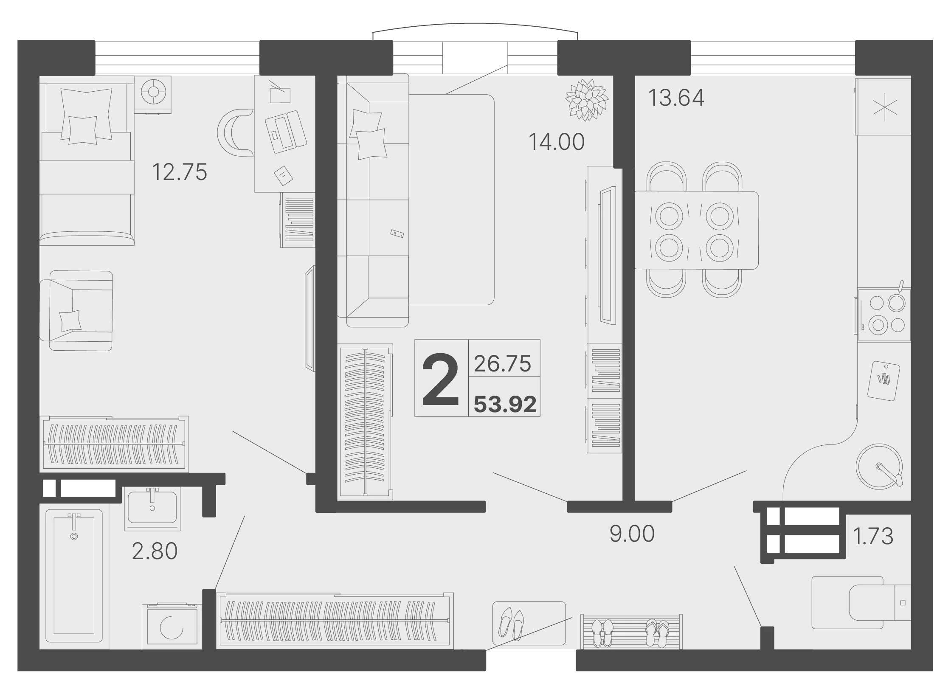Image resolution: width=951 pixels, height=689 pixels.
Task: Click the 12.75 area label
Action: [179, 172]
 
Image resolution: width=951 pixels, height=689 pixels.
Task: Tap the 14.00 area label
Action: [557, 142]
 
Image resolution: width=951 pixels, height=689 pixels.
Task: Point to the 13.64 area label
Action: [676, 98]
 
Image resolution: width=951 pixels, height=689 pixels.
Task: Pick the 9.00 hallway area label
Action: [632, 534]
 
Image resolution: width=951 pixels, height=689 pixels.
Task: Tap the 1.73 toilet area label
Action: [873, 536]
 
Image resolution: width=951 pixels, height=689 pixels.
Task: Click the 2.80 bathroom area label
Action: [155, 551]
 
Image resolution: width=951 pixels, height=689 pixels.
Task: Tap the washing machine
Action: [170, 625]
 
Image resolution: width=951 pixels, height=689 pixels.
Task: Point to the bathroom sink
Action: [152, 508]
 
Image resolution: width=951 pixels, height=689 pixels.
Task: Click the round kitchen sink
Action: [879, 466]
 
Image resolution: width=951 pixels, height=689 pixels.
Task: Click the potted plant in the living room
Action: [587, 100]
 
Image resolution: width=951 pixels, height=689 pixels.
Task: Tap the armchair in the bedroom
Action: [76, 311]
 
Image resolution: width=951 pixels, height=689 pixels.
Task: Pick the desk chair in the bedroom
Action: [235, 132]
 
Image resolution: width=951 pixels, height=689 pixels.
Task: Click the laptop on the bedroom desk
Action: [286, 132]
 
